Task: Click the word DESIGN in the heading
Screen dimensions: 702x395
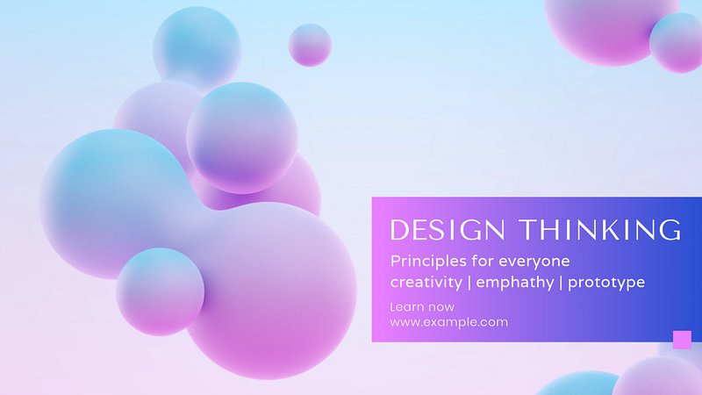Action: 448,230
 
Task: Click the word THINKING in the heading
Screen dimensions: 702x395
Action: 600,230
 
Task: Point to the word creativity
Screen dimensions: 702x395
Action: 426,282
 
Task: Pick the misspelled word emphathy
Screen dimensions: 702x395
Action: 515,282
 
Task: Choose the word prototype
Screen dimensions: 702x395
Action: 606,283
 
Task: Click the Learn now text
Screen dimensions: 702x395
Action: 422,307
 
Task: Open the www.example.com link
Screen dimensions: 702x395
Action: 449,322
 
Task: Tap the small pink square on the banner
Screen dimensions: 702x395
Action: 682,340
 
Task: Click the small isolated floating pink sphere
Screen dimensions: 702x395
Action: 310,46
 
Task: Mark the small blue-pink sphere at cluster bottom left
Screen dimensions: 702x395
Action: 161,292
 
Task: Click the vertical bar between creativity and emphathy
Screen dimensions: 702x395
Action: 469,283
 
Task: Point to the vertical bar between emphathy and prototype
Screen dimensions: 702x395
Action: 561,283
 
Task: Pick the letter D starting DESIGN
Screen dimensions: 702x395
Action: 398,230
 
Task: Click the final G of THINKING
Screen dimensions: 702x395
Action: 671,230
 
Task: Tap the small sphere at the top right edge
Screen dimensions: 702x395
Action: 677,42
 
